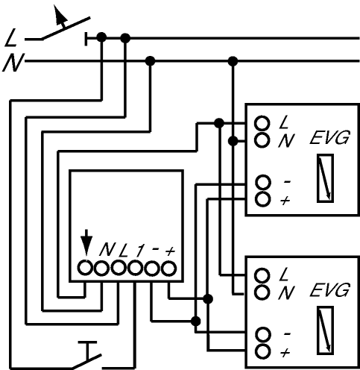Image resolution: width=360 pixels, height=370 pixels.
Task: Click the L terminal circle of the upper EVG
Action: tap(262, 123)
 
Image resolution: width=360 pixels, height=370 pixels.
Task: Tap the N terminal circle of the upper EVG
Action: tap(262, 139)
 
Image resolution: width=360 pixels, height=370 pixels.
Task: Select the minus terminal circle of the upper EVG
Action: tap(263, 182)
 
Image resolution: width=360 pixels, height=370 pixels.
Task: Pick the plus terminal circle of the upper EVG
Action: tap(263, 198)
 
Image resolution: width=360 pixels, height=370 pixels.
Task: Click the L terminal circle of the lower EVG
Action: tap(262, 275)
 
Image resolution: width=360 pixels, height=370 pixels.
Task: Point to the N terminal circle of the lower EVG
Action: tap(262, 292)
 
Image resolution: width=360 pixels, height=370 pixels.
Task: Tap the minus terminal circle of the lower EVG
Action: tap(263, 335)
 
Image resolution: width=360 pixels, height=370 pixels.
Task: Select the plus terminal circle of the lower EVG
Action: tap(263, 351)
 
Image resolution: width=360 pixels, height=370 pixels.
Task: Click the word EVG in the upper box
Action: tap(329, 137)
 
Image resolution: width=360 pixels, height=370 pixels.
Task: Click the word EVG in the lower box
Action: tap(329, 289)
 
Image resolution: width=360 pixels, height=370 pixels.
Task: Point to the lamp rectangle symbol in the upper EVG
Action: tap(325, 178)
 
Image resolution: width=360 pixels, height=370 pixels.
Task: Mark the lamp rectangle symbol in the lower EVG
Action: tap(325, 330)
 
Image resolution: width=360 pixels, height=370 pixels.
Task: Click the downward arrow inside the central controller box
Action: tap(86, 242)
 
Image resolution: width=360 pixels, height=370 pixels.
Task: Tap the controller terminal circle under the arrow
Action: tap(85, 268)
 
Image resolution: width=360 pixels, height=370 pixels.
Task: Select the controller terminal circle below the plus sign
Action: tap(168, 269)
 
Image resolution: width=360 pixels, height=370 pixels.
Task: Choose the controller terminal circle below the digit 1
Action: tap(135, 268)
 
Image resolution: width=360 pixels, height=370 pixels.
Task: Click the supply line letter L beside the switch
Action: tap(11, 38)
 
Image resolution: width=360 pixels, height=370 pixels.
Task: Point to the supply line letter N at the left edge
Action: tap(13, 63)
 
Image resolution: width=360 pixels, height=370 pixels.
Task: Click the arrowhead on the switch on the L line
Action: tap(60, 15)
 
